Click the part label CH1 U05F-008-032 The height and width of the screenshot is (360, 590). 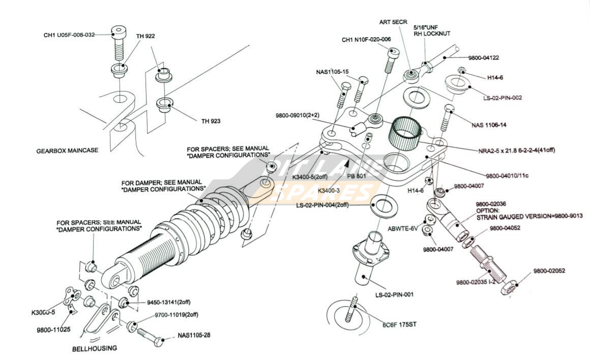(69, 35)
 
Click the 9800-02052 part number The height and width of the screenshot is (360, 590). (549, 271)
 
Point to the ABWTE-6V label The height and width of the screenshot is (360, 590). (403, 228)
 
